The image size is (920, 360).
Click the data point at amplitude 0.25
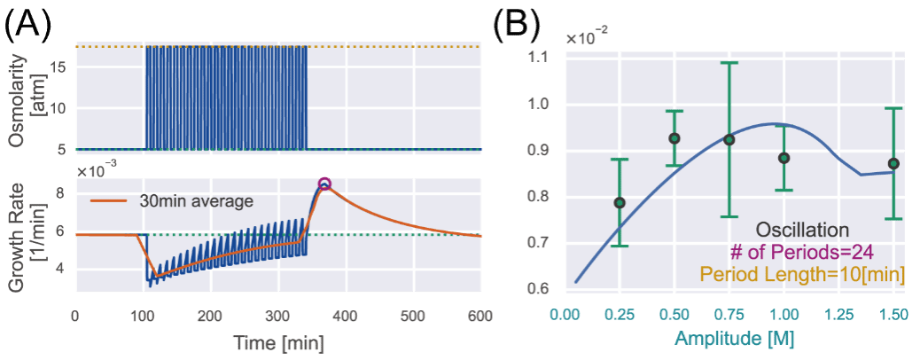[x=620, y=203]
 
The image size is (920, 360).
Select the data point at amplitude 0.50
[x=674, y=138]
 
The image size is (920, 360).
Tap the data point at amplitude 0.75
[x=729, y=140]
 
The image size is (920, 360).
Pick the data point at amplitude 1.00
[x=784, y=158]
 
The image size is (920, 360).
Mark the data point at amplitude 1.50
[x=893, y=163]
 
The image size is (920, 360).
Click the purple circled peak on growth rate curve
[x=324, y=184]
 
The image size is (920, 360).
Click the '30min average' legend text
[x=196, y=201]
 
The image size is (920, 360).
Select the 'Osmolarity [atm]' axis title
[x=27, y=99]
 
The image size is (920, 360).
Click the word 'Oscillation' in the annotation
[x=802, y=230]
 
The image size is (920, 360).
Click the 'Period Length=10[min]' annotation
[x=801, y=275]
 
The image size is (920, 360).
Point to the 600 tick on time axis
[x=481, y=315]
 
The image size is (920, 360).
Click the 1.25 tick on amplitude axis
[x=838, y=315]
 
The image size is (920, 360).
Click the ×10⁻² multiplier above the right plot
[x=588, y=38]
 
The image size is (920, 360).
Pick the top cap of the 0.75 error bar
[x=729, y=63]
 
